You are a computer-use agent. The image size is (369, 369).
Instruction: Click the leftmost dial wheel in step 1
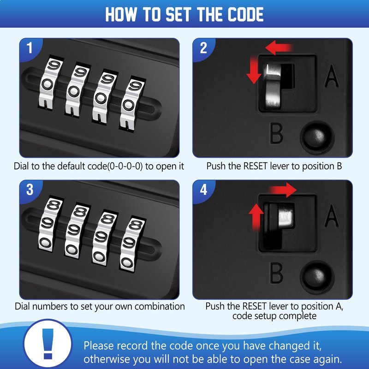pos(50,83)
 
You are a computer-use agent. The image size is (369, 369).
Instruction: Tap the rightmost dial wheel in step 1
pos(132,103)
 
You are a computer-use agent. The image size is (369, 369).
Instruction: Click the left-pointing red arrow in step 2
pos(279,48)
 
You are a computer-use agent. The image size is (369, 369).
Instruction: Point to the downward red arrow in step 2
pos(254,70)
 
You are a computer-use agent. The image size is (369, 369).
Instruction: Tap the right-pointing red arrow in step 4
pos(283,190)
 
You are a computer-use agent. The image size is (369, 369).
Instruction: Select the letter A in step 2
pos(331,76)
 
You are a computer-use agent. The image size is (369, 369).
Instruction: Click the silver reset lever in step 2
pos(273,86)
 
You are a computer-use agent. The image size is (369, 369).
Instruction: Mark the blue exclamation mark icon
pos(48,344)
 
